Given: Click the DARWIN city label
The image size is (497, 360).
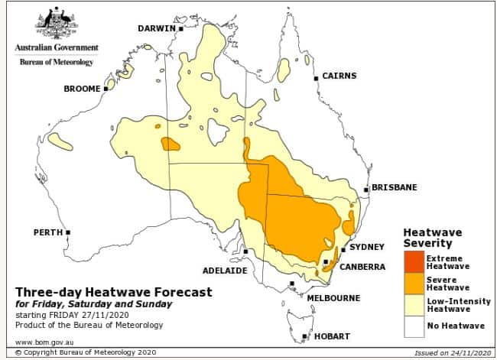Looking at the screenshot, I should click(157, 28).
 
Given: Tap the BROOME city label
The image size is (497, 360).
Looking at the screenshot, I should click(82, 89).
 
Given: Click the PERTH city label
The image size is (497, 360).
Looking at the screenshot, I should click(48, 232).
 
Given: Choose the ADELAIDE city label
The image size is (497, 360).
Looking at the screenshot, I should click(224, 270).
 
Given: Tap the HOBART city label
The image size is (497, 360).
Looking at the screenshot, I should click(330, 336).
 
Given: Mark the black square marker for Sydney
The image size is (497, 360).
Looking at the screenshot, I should click(343, 249).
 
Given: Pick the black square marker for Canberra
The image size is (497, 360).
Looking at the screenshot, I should click(326, 262).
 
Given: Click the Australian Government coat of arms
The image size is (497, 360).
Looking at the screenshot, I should click(56, 23).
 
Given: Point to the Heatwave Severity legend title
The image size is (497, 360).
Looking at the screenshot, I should click(433, 237).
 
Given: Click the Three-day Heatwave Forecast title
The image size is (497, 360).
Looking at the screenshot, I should click(114, 292).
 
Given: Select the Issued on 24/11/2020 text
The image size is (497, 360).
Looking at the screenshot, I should click(447, 353).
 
